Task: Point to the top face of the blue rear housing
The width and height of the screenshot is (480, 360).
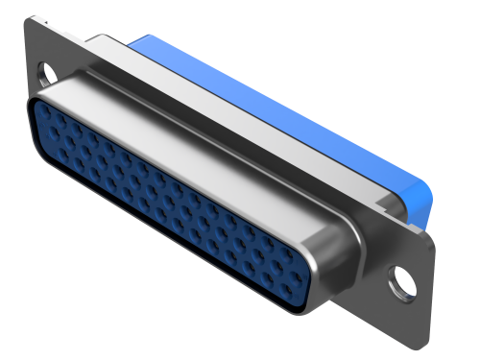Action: pos(278,96)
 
